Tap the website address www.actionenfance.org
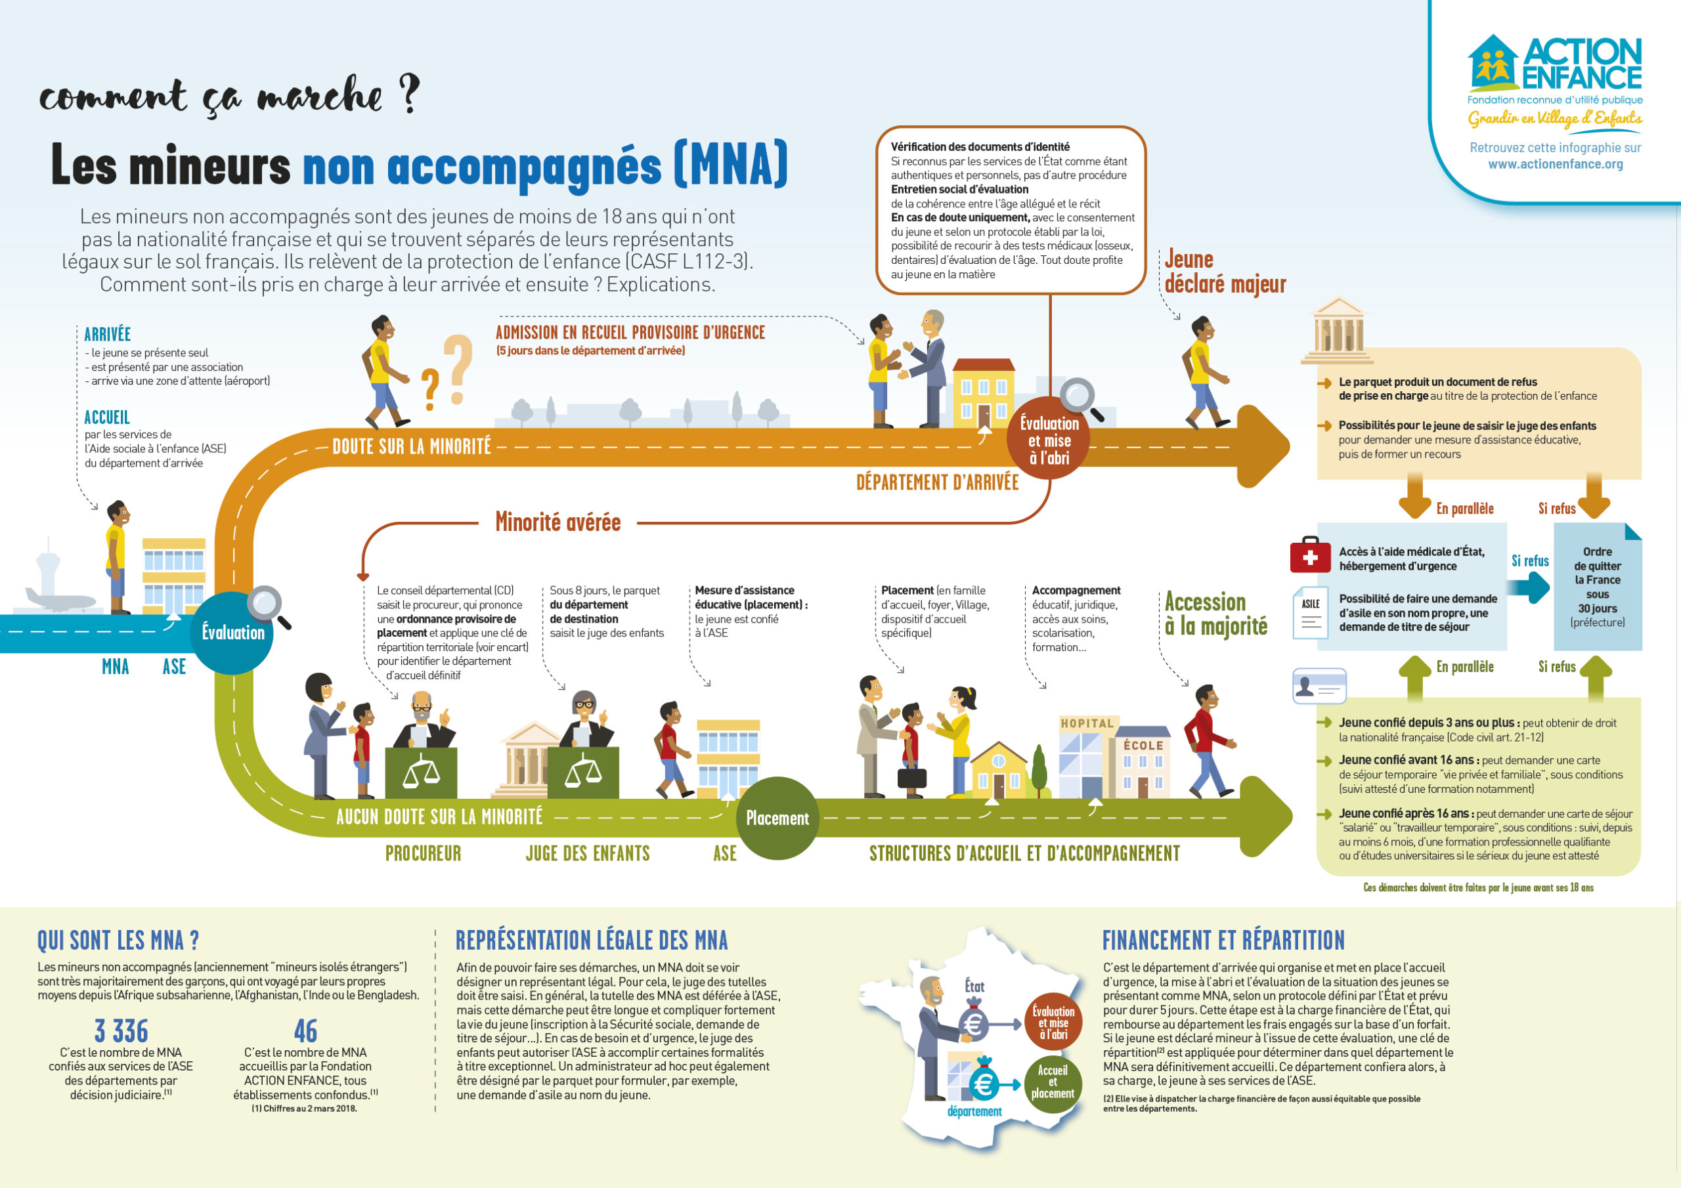(x=1555, y=164)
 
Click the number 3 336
(x=121, y=1030)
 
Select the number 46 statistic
(x=305, y=1030)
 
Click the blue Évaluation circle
(x=233, y=633)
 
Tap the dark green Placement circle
(x=777, y=818)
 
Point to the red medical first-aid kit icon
(x=1310, y=555)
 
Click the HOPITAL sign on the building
(x=1087, y=723)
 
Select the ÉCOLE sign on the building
(x=1143, y=745)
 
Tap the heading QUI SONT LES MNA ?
(x=118, y=940)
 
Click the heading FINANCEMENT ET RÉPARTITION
(x=1223, y=940)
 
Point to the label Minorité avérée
(x=558, y=522)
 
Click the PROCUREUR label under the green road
(x=423, y=853)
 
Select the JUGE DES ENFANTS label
(x=587, y=853)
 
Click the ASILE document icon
(x=1311, y=612)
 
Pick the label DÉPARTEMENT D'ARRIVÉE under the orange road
(x=937, y=482)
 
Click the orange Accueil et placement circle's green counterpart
(x=1052, y=1081)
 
